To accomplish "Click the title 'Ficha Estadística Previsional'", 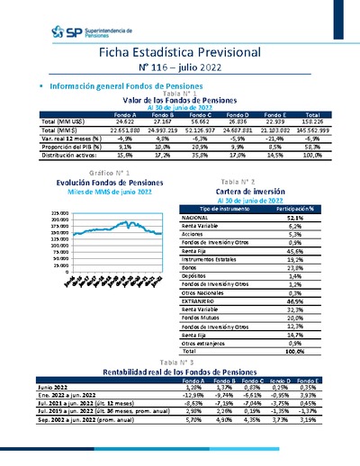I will (179, 53).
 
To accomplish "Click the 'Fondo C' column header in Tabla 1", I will (197, 115).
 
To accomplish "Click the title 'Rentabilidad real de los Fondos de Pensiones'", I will (179, 371).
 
